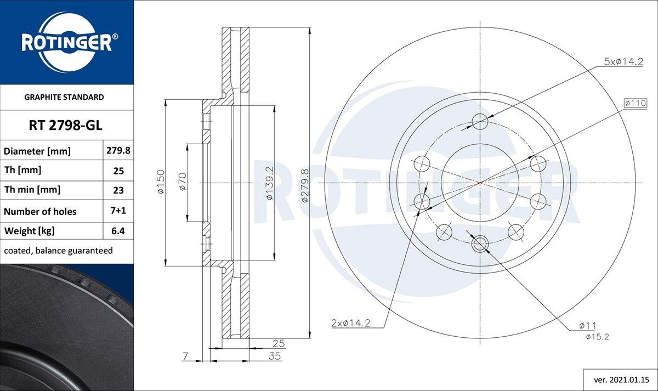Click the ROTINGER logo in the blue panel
point(67,42)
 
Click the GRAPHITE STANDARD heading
point(64,97)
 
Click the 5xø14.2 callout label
point(623,62)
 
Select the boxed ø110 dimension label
point(635,103)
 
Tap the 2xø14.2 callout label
point(350,323)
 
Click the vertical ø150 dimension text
point(161,183)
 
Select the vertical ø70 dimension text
point(183,182)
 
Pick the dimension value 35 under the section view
point(275,356)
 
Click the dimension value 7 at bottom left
point(185,356)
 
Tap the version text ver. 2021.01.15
point(622,379)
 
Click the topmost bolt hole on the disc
point(480,121)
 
